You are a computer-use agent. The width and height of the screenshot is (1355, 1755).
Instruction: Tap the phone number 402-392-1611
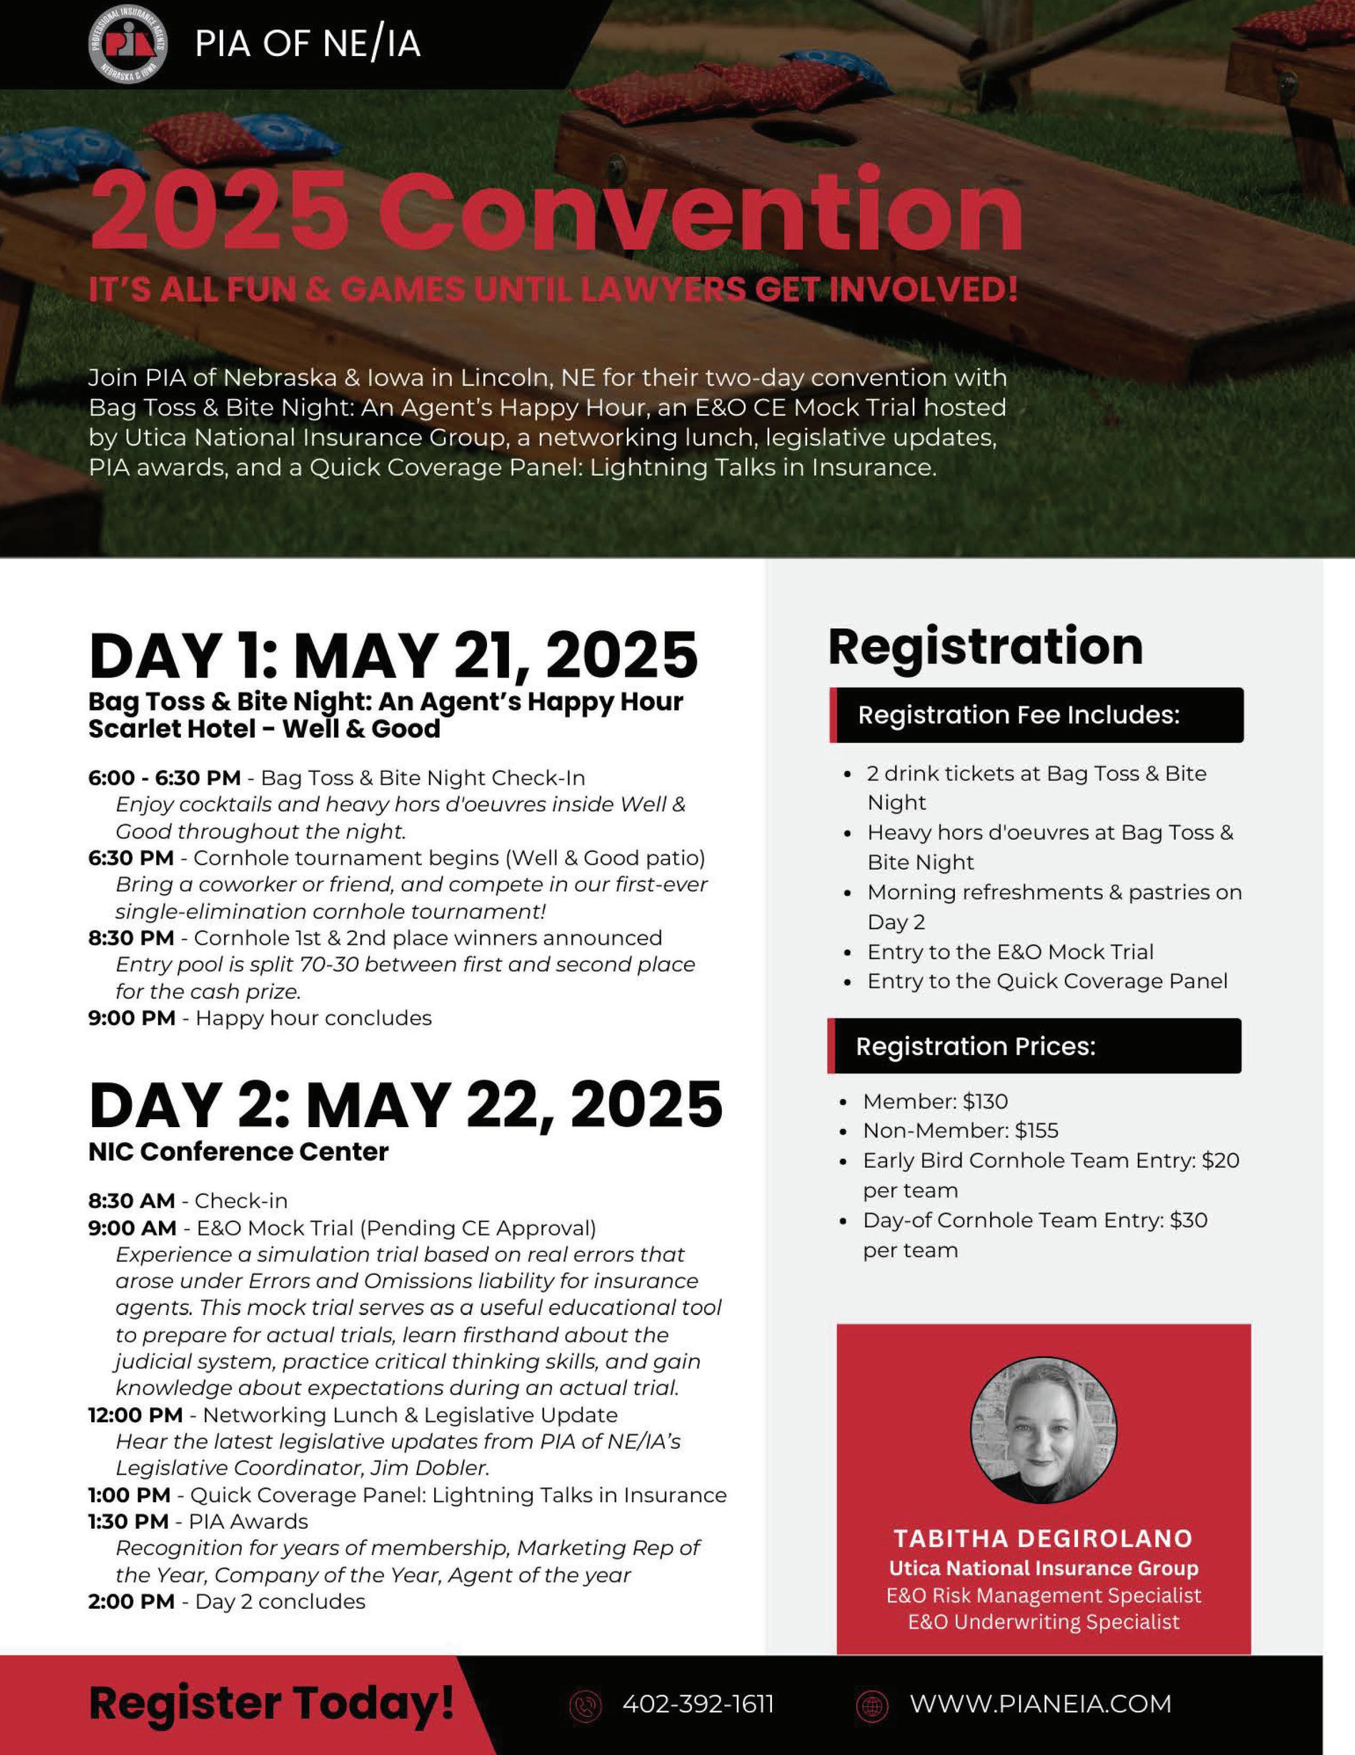[698, 1704]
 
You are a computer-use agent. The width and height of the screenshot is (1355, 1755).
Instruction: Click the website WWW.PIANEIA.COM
[1040, 1704]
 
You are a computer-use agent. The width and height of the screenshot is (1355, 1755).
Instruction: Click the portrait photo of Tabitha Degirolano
[1043, 1430]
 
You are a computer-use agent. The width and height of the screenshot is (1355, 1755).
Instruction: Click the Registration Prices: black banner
[1035, 1046]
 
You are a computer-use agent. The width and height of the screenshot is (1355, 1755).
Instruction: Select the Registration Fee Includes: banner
[1037, 715]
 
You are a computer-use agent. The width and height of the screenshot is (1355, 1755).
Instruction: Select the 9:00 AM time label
[132, 1228]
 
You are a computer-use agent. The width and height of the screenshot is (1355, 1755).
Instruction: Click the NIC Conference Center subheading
[238, 1152]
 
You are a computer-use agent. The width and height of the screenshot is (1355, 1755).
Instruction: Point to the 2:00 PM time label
[131, 1601]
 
